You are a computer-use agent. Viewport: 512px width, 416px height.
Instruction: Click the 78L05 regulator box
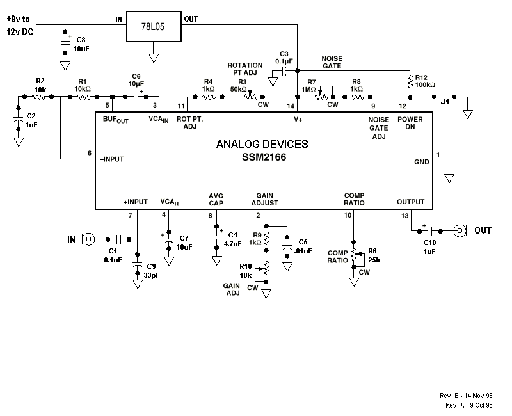coord(154,28)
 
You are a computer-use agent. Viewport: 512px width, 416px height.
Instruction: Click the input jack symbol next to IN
coord(89,239)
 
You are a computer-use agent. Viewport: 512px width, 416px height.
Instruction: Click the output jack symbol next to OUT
coord(459,230)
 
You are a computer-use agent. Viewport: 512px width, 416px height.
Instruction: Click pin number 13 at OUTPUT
coord(404,216)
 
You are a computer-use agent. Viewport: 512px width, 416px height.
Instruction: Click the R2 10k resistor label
coord(40,84)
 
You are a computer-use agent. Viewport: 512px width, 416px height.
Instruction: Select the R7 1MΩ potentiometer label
coord(311,86)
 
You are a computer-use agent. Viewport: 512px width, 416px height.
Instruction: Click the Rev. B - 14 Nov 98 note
coord(469,396)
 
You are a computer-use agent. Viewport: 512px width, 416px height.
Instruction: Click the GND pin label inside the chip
coord(422,163)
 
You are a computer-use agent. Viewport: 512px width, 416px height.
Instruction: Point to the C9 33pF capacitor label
coord(151,270)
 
